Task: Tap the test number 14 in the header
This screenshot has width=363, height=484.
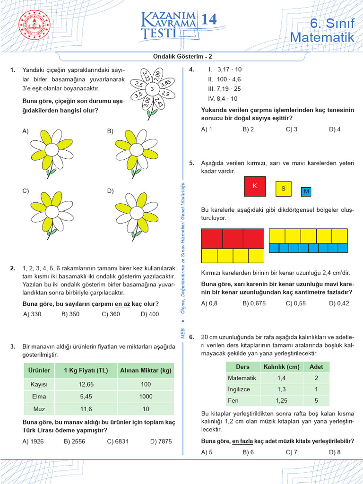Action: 209,20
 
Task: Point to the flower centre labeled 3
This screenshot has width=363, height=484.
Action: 151,89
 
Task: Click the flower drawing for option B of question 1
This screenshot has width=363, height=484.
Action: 137,151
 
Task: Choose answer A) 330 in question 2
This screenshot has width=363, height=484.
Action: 32,314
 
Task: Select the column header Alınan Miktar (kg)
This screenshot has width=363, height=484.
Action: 146,370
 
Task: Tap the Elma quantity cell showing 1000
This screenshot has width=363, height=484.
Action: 146,397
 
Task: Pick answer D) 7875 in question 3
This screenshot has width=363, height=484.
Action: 161,441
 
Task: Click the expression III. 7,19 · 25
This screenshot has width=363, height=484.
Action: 224,88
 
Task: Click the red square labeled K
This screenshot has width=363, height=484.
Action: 255,186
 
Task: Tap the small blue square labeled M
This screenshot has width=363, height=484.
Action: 306,191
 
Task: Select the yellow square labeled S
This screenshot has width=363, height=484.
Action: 283,189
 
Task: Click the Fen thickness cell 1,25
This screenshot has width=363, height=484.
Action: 281,400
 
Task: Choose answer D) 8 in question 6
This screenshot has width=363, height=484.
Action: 335,452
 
